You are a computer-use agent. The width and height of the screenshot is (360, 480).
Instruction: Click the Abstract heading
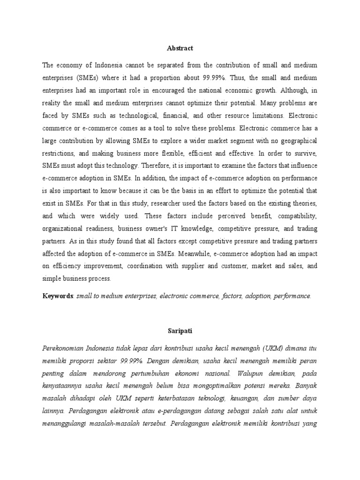pos(180,48)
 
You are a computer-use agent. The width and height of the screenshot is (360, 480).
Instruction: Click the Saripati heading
pos(180,330)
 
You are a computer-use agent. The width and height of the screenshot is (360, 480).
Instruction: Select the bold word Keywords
pos(58,296)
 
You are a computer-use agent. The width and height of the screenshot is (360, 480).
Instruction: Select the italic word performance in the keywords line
pos(292,296)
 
